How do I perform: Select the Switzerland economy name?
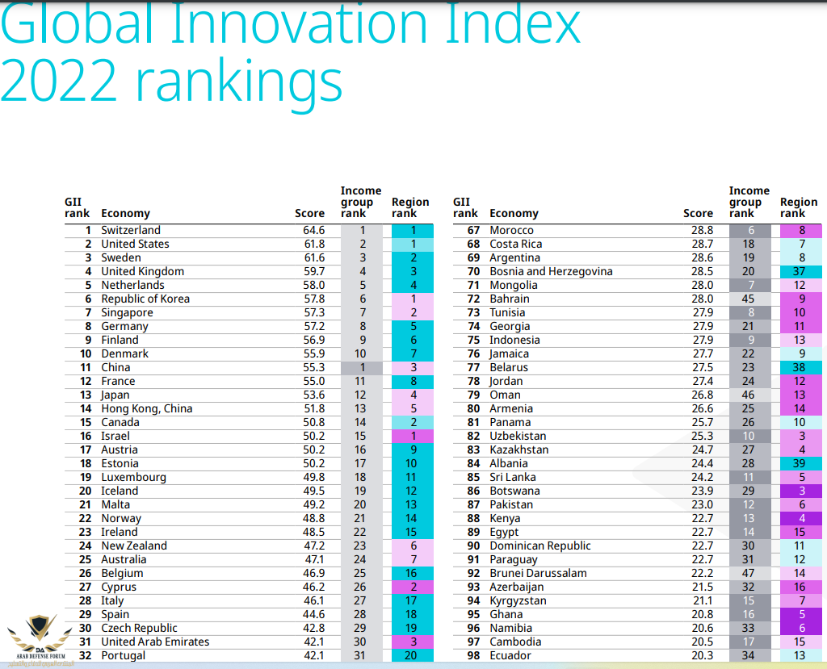[x=131, y=230]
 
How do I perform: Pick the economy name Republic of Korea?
[x=145, y=299]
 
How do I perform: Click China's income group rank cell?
[x=363, y=367]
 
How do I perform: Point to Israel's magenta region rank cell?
[x=413, y=436]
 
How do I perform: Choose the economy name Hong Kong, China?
[x=147, y=408]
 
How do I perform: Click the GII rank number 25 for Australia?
[x=84, y=559]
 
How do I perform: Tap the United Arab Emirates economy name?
[x=155, y=642]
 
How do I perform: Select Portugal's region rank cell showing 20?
[x=413, y=655]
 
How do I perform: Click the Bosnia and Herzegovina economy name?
[x=551, y=271]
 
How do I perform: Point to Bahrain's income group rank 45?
[x=749, y=299]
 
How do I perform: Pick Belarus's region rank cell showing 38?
[x=802, y=367]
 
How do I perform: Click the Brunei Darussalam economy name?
[x=538, y=573]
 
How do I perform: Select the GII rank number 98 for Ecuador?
[x=473, y=655]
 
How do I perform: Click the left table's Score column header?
[x=309, y=213]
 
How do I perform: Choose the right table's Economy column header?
[x=514, y=213]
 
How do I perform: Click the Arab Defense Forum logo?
[x=37, y=637]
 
